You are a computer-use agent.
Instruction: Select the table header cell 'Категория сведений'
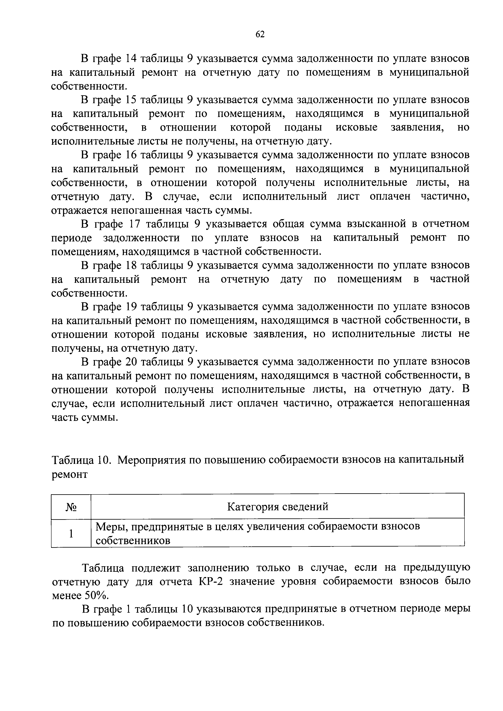[278, 507]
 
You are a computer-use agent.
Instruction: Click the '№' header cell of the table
[71, 507]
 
